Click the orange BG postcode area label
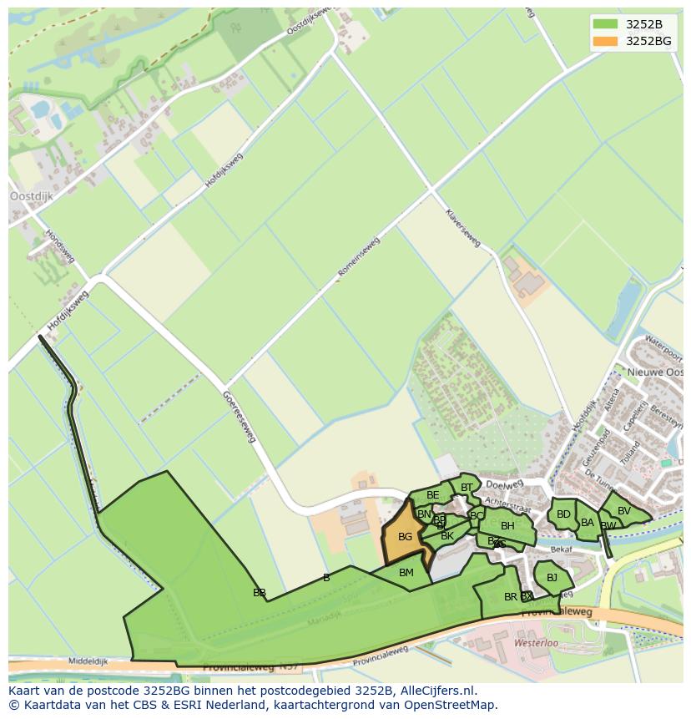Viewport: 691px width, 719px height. tap(405, 537)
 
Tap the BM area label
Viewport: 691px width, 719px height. tap(406, 573)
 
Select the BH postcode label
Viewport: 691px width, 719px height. tap(507, 526)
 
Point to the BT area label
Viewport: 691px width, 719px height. tap(467, 488)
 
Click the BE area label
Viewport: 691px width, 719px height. tap(432, 496)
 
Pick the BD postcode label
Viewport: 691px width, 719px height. tap(563, 514)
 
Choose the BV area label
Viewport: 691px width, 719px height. tap(624, 511)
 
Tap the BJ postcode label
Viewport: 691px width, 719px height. tap(552, 578)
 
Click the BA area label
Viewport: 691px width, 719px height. tap(588, 524)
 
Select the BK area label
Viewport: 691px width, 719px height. tap(447, 536)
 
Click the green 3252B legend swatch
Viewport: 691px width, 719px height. tap(606, 24)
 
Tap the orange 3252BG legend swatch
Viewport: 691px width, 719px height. tap(606, 41)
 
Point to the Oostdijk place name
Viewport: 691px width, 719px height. tap(31, 196)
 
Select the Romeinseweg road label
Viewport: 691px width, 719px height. tap(359, 258)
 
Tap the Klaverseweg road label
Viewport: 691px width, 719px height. tap(463, 227)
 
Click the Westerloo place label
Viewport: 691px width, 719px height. tap(537, 645)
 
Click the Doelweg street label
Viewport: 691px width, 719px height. tap(503, 484)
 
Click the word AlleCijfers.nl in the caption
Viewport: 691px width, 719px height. tap(436, 691)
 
